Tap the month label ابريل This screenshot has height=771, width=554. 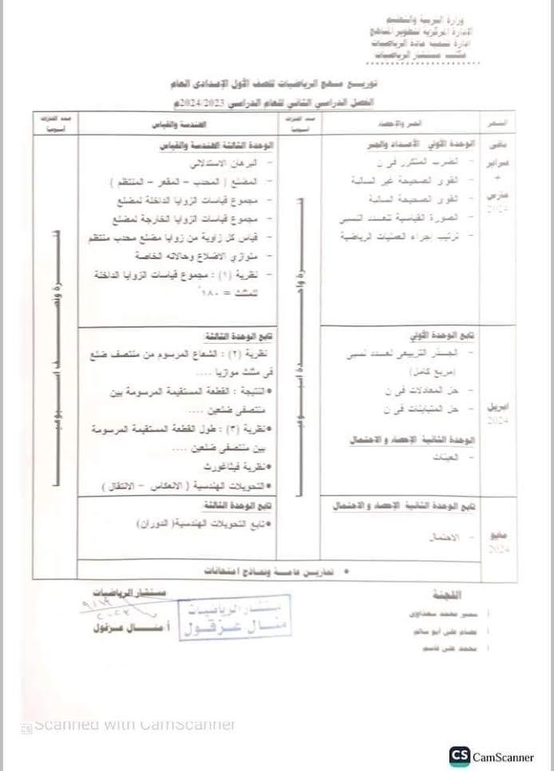(498, 406)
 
